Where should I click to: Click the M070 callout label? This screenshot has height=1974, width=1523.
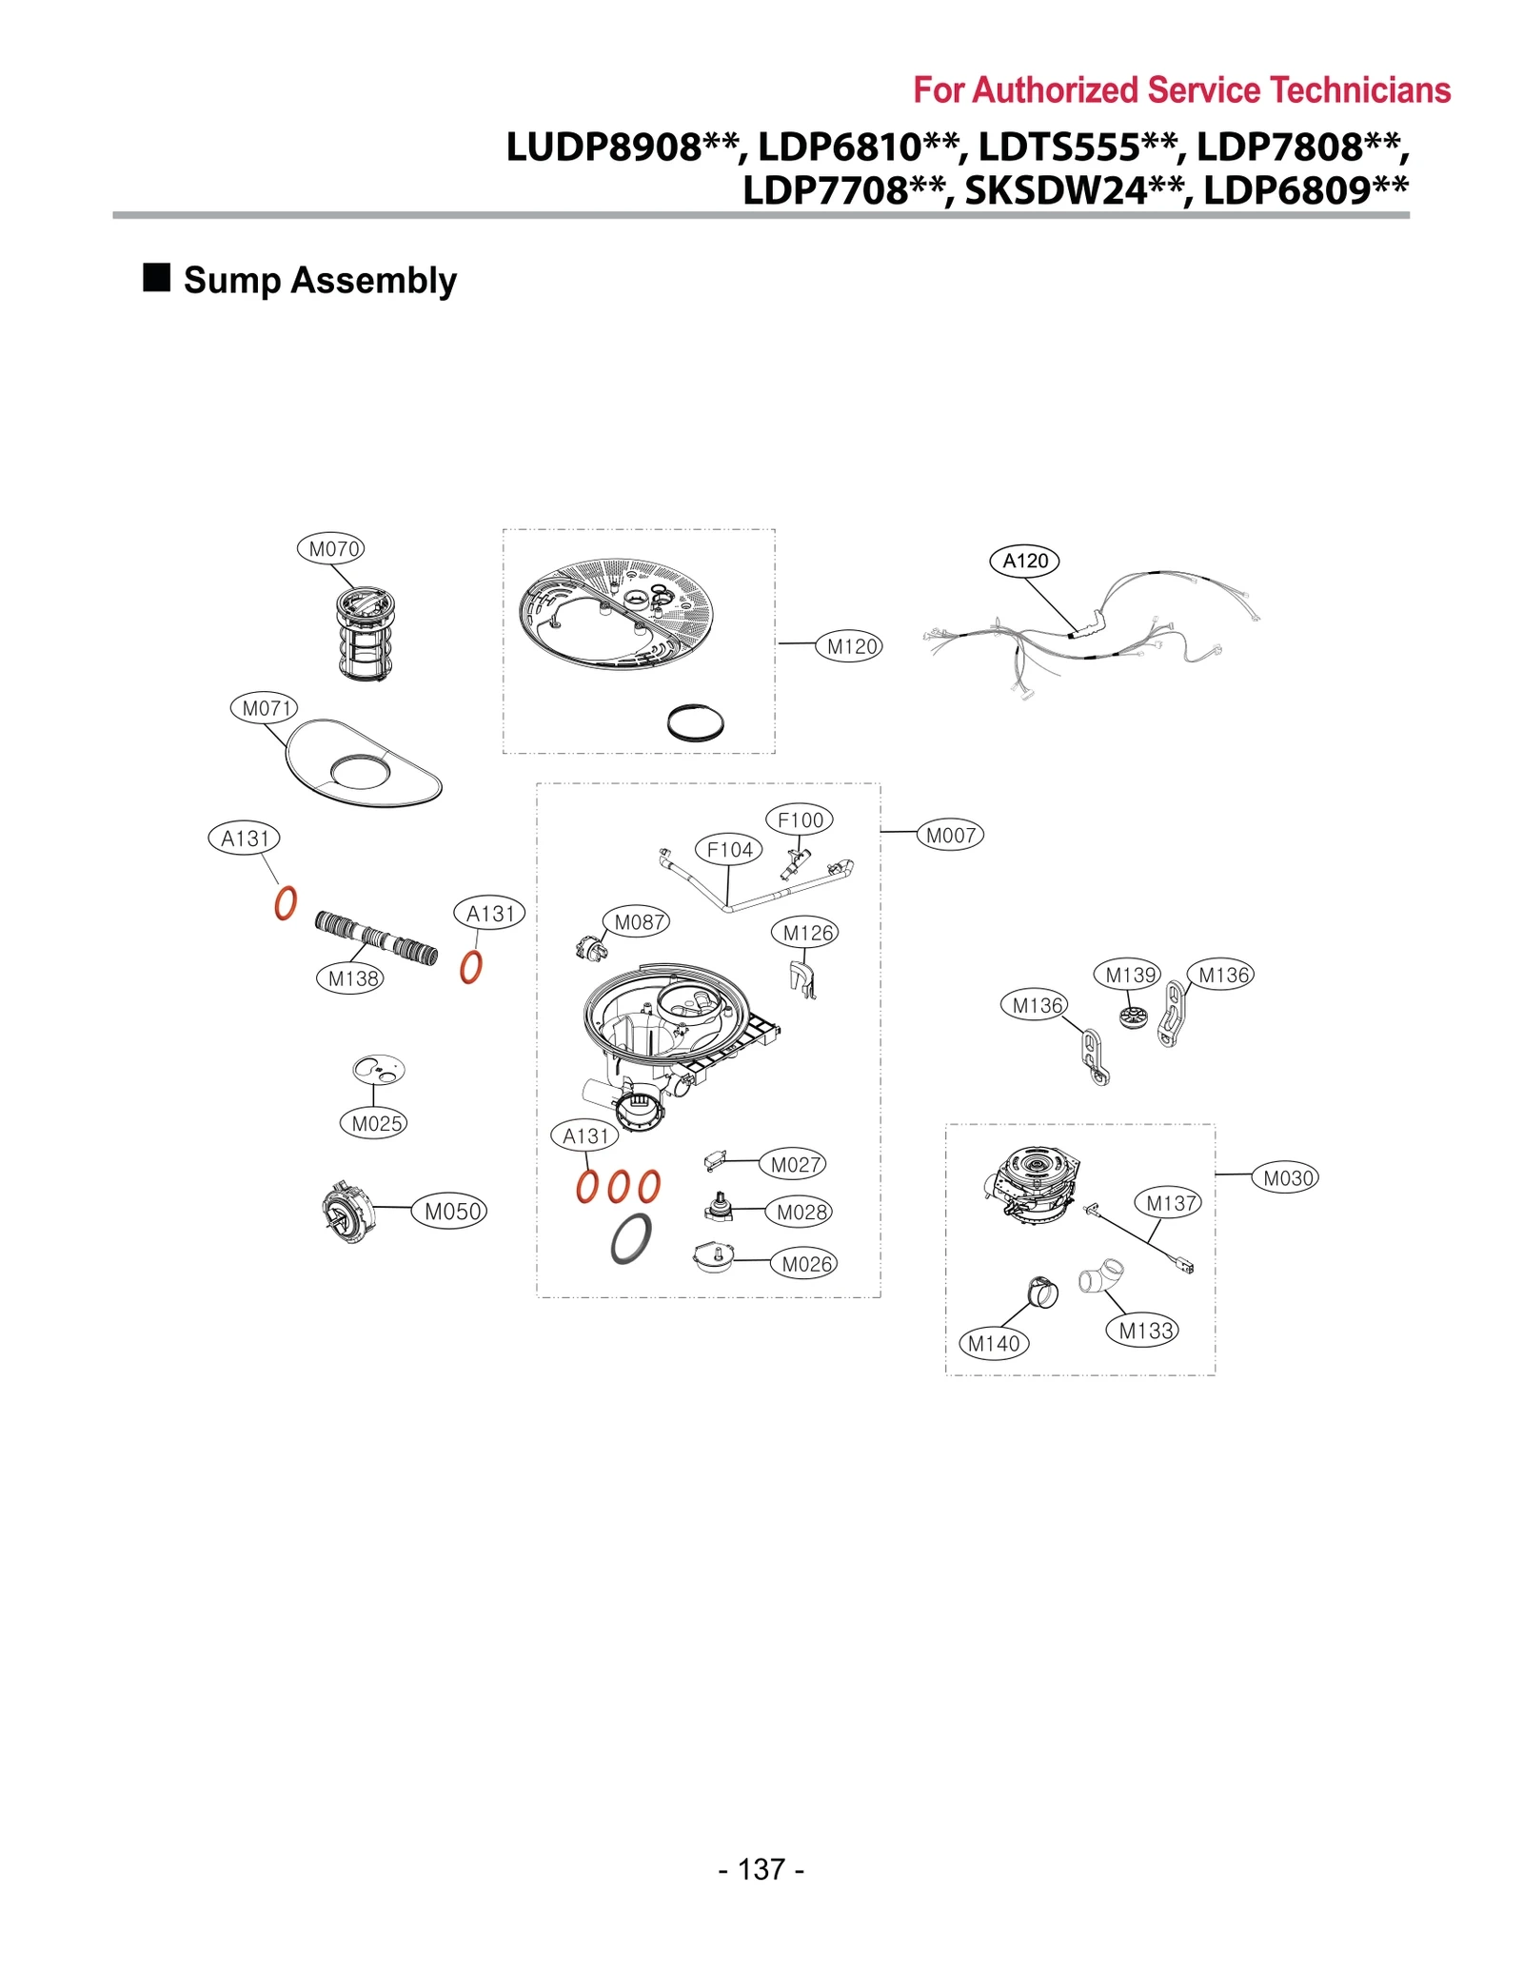point(330,549)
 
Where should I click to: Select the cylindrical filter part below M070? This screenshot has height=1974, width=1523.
point(366,634)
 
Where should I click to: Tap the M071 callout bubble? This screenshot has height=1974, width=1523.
point(264,708)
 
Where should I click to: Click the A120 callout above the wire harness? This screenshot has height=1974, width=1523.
point(1024,561)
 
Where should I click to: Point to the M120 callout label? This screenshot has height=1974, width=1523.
point(850,647)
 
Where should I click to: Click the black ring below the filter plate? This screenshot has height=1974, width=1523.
point(695,722)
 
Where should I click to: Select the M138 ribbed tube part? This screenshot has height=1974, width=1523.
point(377,938)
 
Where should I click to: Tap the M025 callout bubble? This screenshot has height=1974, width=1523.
point(373,1123)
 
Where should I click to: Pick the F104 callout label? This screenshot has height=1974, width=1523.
point(728,849)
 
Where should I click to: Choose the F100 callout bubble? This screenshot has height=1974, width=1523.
point(799,819)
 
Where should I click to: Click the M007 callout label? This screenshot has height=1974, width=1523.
point(950,836)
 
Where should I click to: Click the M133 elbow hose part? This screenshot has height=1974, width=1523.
point(1101,1275)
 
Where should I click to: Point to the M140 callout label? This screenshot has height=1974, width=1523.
point(993,1344)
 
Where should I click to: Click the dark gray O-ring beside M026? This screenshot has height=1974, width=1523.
point(631,1238)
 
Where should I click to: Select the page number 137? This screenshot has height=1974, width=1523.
point(761,1869)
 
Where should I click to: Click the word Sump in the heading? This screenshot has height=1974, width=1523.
point(232,281)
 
